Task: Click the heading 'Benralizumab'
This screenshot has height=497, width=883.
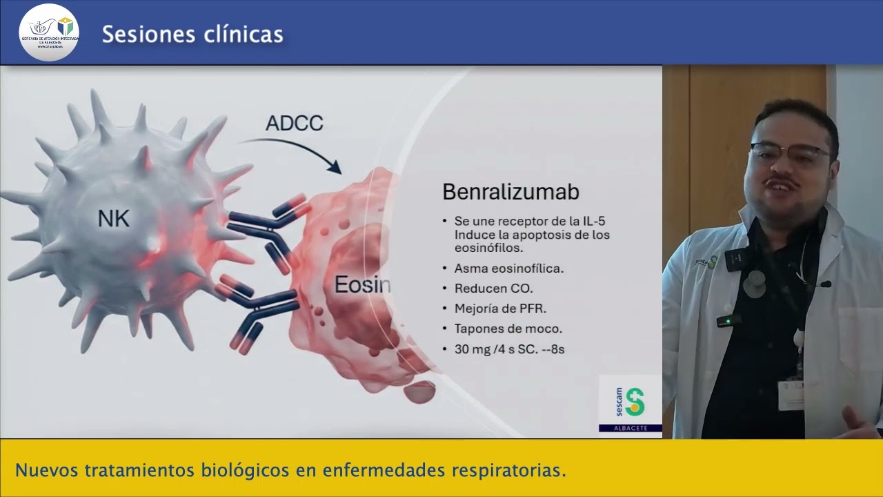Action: [510, 191]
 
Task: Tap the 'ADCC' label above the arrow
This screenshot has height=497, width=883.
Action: [295, 124]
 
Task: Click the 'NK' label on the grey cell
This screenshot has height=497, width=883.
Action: [114, 219]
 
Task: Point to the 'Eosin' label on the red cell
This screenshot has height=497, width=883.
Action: [362, 284]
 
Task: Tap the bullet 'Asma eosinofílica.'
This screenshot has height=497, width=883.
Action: [508, 269]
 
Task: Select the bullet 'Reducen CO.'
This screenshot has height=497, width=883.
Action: [493, 289]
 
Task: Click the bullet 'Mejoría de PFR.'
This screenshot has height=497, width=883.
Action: [500, 309]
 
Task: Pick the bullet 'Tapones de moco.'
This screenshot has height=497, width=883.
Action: [508, 329]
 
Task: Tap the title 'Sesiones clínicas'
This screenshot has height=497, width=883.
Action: [192, 34]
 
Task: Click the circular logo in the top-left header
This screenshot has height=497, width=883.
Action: [48, 32]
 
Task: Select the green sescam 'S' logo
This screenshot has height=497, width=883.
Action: [634, 402]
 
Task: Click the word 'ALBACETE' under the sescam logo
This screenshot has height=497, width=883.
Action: [630, 429]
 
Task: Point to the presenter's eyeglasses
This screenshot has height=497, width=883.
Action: [790, 153]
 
